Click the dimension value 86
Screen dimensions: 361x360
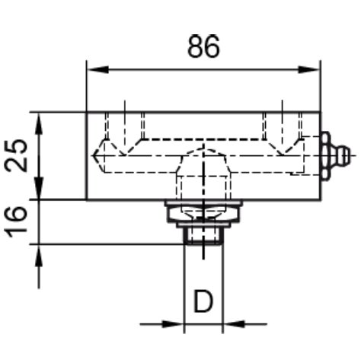(x=203, y=46)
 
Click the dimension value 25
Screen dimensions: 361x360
(x=16, y=155)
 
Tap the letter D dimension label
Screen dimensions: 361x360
(x=203, y=301)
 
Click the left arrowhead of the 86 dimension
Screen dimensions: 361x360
(x=97, y=69)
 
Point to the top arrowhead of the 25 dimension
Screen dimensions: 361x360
(x=39, y=124)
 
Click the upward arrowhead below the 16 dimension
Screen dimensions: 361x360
(x=39, y=256)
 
